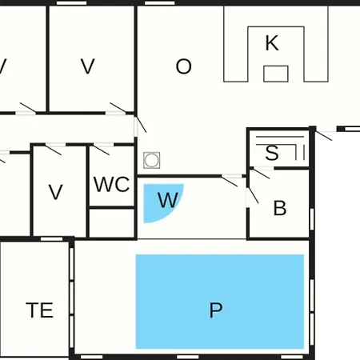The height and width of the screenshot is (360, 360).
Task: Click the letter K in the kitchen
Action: [x=272, y=42]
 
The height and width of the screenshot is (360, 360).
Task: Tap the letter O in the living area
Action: [x=183, y=66]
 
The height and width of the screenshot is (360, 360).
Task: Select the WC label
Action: [x=111, y=184]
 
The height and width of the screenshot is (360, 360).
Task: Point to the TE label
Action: [x=39, y=310]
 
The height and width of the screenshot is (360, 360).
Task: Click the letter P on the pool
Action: [x=216, y=310]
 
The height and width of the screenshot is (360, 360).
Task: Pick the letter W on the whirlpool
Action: [x=168, y=200]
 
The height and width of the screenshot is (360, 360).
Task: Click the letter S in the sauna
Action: [x=272, y=153]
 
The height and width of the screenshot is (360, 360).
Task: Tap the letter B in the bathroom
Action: [x=280, y=208]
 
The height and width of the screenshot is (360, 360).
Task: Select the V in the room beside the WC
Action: [x=56, y=192]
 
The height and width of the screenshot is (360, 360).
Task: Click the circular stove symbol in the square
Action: [x=152, y=160]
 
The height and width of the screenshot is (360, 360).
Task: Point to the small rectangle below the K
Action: [x=276, y=74]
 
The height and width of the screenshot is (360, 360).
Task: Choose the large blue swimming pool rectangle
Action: [x=220, y=302]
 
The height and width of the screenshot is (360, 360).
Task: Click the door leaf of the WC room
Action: [x=102, y=150]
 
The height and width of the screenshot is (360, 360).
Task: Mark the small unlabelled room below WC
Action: [x=111, y=223]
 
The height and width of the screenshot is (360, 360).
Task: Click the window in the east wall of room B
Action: [x=312, y=219]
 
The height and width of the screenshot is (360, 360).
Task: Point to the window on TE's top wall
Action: [x=51, y=239]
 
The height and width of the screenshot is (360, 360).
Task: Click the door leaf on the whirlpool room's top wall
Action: [x=230, y=182]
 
